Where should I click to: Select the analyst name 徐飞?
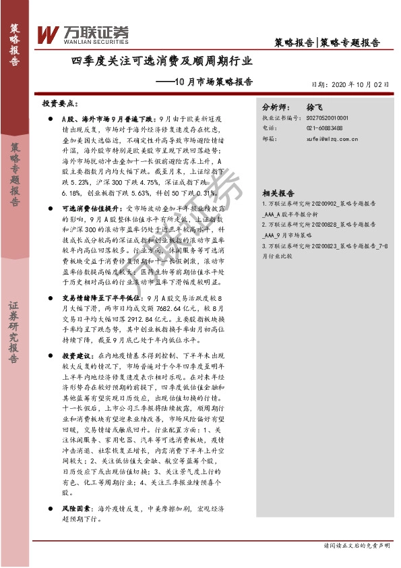click(315, 107)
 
